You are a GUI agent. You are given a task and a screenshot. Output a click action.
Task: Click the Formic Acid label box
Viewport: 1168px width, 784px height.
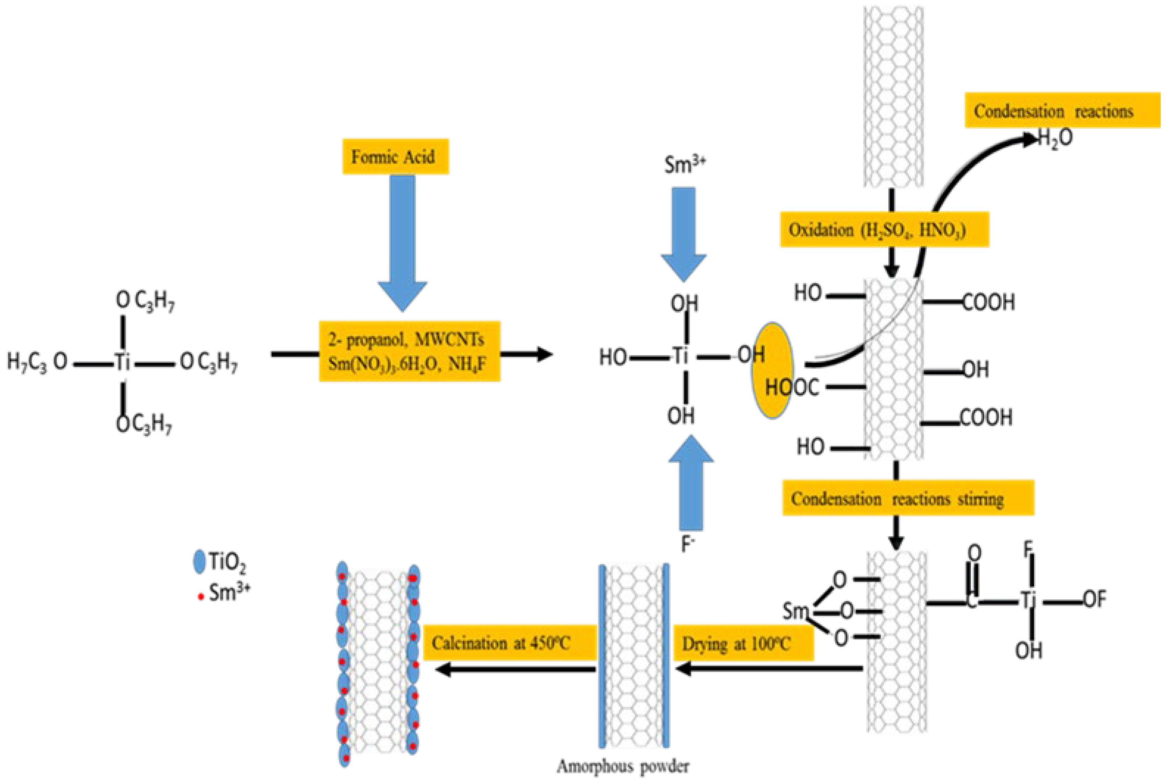click(395, 157)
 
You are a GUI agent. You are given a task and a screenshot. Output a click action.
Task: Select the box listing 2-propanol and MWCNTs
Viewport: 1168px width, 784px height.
click(409, 351)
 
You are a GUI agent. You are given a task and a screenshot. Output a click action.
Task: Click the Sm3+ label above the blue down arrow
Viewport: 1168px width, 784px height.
click(684, 164)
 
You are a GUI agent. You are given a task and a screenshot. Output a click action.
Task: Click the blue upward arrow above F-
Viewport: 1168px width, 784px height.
click(691, 480)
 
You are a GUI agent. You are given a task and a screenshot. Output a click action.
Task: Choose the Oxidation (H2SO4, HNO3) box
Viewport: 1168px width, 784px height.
click(884, 229)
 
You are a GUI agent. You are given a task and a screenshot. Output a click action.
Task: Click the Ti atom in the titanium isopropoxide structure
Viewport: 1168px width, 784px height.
click(123, 361)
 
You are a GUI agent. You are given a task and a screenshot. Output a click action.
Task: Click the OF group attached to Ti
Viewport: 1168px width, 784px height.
click(1094, 599)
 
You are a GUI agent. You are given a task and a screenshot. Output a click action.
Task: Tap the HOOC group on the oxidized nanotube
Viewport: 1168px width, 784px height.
click(793, 388)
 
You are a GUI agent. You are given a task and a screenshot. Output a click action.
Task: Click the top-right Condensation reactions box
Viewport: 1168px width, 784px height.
click(1061, 110)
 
